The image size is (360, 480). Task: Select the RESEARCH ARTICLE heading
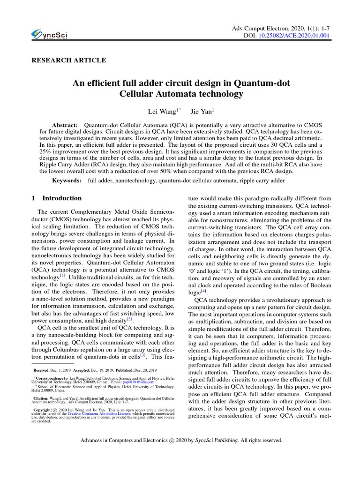68,60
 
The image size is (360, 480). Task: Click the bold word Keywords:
66,180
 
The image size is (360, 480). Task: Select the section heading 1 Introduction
56,198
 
